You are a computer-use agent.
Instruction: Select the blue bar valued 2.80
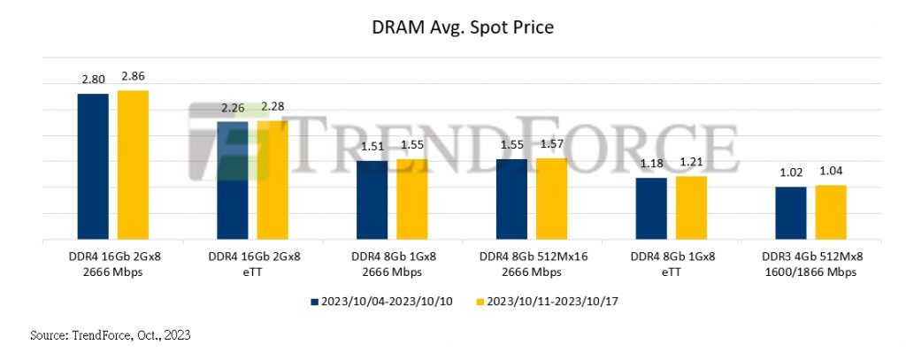point(93,166)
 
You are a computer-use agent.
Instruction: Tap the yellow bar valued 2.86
point(133,165)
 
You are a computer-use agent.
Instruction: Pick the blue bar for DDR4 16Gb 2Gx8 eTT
point(233,180)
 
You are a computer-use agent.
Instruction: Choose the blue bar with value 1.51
point(372,200)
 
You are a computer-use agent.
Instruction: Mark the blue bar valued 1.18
point(651,209)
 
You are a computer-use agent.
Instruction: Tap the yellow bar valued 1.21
point(691,208)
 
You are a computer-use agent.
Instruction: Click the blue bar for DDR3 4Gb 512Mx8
point(791,213)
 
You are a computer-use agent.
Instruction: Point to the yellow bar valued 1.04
point(831,212)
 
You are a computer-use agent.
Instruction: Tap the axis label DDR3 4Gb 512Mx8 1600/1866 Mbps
point(810,264)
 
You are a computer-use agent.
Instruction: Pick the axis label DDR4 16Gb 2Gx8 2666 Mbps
point(112,264)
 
